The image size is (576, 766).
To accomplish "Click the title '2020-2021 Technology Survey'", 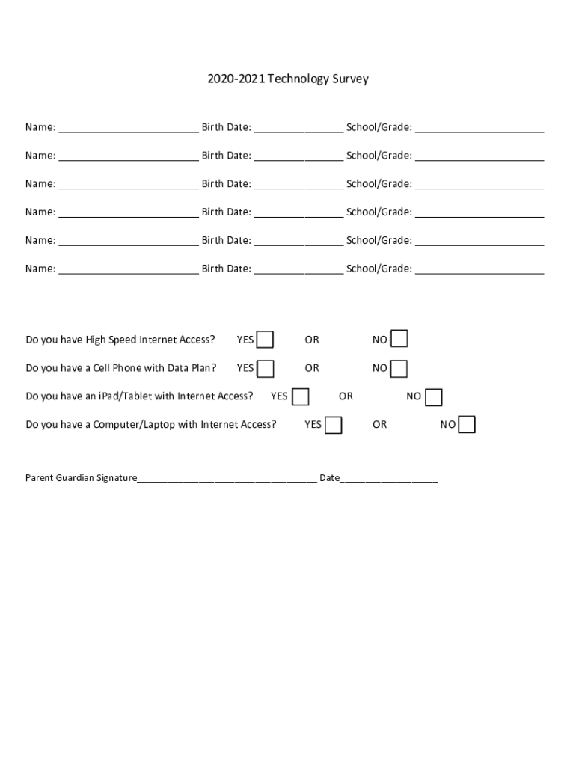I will (x=288, y=79).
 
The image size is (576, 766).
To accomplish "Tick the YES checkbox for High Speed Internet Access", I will (x=265, y=340).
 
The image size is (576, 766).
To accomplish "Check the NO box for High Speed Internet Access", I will (x=400, y=340).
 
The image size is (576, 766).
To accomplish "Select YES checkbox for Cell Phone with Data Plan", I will (x=266, y=369).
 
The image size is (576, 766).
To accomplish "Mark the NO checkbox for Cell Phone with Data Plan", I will (x=399, y=369).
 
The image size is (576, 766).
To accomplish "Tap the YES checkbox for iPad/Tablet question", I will (x=300, y=396).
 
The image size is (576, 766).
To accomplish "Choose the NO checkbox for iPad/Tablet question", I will (x=434, y=397).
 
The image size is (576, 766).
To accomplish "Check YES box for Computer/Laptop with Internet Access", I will (x=334, y=425).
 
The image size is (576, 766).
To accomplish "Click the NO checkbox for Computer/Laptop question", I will (x=467, y=425).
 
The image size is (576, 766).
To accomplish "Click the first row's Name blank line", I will (x=129, y=129).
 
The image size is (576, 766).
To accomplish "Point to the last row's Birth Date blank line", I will (x=298, y=270).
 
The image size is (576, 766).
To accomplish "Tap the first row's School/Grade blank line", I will (x=480, y=129).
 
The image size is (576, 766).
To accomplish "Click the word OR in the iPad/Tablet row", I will (x=346, y=396).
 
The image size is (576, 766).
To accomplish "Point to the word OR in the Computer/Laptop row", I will (x=380, y=425).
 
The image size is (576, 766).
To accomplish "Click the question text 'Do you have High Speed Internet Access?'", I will (x=120, y=340).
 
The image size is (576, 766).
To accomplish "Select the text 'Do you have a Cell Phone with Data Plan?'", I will (x=121, y=368).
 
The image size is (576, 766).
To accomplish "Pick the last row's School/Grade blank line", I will (x=480, y=270).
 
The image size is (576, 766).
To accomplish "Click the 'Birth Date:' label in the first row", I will (x=226, y=127).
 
